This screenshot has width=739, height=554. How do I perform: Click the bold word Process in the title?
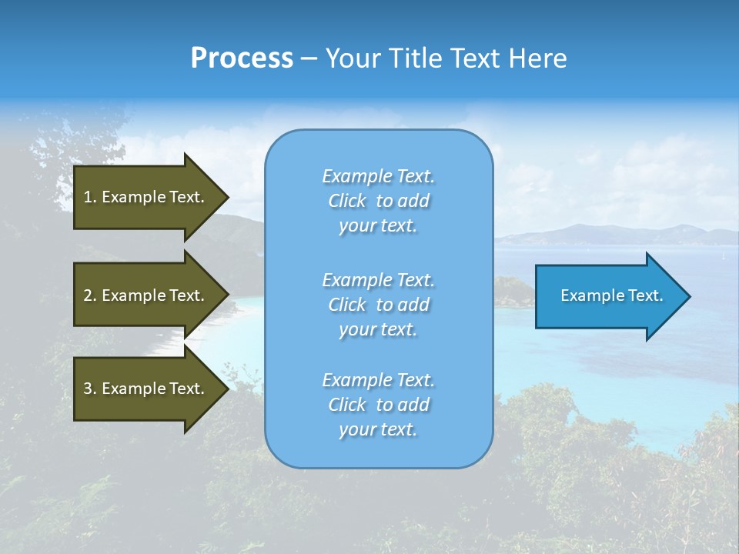point(242,58)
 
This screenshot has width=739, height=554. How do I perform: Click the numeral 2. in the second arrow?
point(90,295)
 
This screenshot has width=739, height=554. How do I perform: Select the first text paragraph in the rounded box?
point(378,201)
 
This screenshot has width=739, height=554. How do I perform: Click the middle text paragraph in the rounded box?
point(378,305)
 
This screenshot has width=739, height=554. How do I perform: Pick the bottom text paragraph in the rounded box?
point(378,405)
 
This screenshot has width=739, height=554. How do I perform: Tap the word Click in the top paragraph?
point(347,201)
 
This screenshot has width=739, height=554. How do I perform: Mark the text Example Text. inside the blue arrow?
point(611,295)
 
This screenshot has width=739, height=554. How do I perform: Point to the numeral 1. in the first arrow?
point(90,197)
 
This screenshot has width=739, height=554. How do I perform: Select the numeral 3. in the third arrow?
point(90,389)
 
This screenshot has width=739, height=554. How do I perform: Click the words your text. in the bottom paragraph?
point(378,430)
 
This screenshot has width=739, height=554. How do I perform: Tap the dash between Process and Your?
point(309,59)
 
